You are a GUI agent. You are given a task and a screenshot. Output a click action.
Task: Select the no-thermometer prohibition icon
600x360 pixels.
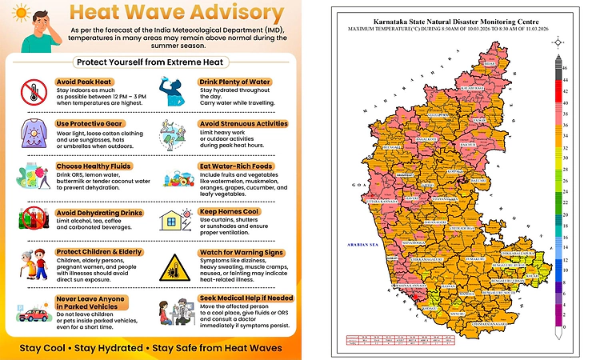33,93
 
